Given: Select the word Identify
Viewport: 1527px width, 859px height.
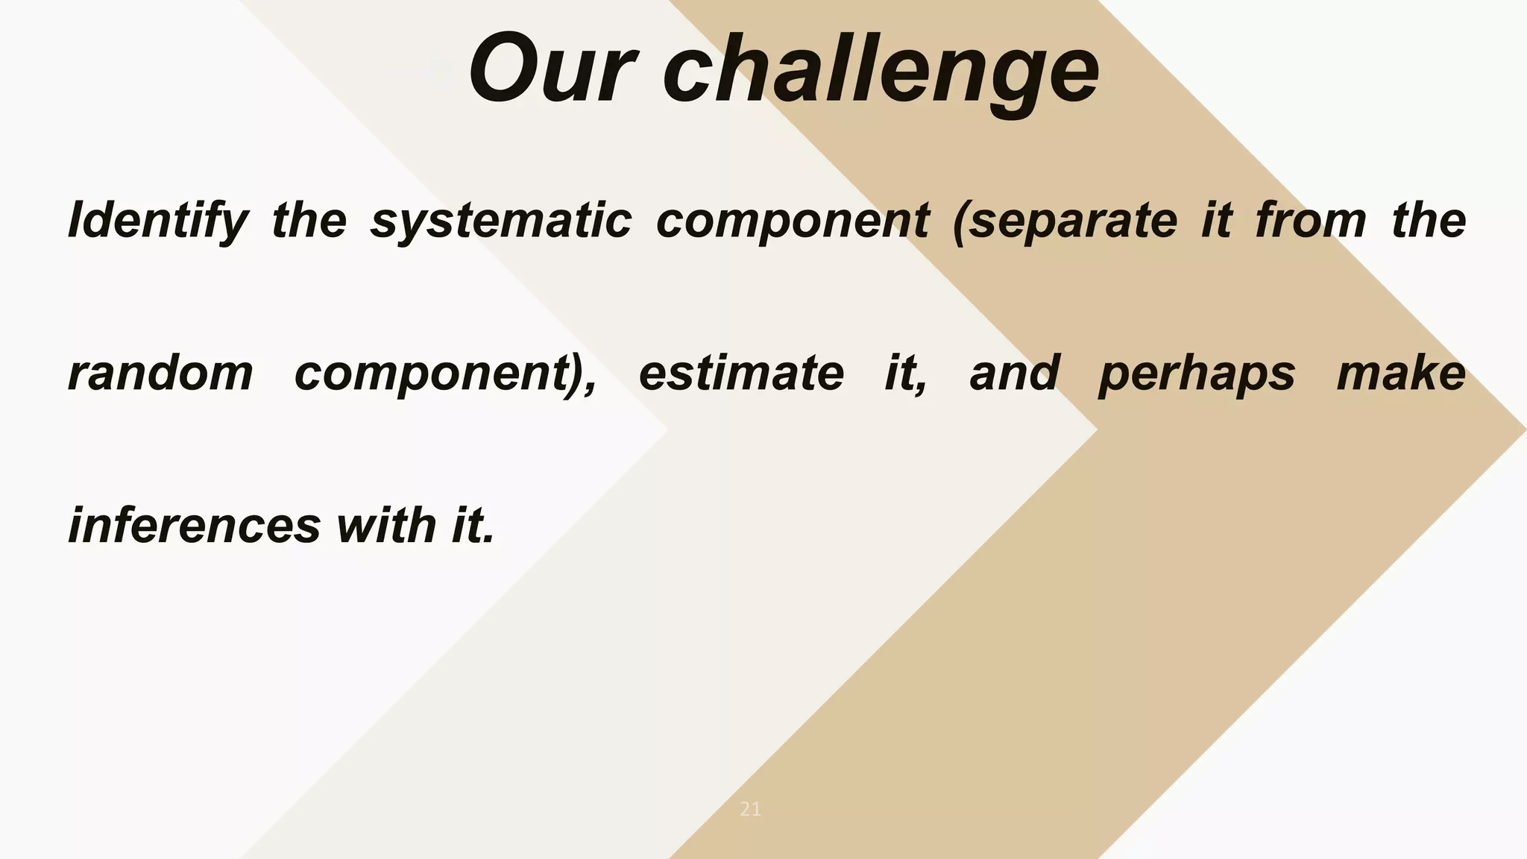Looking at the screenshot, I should pos(157,221).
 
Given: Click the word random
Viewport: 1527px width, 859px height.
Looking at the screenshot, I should pos(160,373).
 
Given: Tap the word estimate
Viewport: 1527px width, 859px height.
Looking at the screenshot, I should pos(741,373).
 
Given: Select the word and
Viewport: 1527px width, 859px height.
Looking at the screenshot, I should pos(1014,373).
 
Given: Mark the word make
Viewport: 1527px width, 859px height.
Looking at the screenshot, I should pos(1401,373).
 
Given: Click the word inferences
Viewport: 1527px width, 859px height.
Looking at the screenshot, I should pos(194,525).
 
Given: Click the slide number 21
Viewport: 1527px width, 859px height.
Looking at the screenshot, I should pos(751,809).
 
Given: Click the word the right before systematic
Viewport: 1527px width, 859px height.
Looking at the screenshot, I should pos(309,221).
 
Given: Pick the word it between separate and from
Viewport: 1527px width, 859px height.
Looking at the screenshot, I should pos(1216,221).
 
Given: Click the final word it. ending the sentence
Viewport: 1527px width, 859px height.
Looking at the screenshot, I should pos(473,525).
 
